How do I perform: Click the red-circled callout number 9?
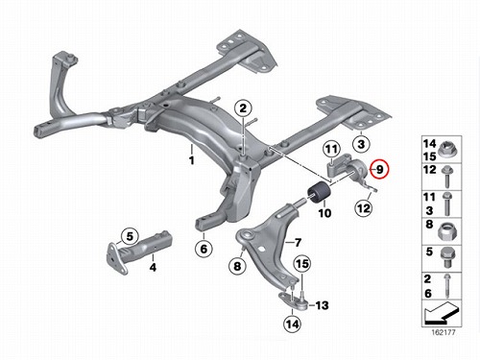(x=379, y=169)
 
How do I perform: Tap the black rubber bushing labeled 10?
(x=321, y=192)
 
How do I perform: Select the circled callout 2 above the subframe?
(x=243, y=108)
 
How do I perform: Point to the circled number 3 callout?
(x=361, y=144)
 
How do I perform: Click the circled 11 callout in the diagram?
(x=331, y=149)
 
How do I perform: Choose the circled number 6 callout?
(x=204, y=249)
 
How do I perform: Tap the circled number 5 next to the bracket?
(x=130, y=236)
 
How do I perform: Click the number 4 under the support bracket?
(x=153, y=267)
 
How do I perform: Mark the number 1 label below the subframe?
(x=191, y=160)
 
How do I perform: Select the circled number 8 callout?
(x=237, y=266)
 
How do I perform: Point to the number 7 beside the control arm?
(x=298, y=243)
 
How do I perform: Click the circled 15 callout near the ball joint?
(x=302, y=264)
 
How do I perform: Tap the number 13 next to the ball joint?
(x=322, y=305)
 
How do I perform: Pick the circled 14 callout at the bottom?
(x=292, y=324)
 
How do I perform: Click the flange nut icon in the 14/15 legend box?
(x=446, y=150)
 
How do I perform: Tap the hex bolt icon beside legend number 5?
(x=447, y=258)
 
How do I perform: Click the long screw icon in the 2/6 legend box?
(x=447, y=286)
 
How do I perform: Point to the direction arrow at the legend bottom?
(x=442, y=311)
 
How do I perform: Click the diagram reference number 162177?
(x=444, y=332)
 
